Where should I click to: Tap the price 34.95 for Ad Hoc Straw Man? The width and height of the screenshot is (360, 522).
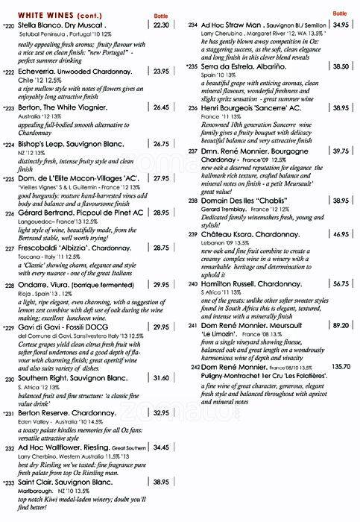coord(341,25)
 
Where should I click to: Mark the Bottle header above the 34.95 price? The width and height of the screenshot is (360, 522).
coord(341,13)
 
